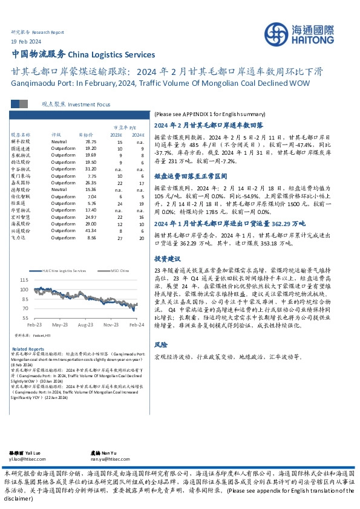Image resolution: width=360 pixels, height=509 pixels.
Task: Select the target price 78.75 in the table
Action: pos(91,141)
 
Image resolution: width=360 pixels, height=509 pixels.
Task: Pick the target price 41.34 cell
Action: pos(91,231)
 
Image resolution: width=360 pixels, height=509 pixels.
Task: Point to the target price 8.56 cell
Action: pos(91,238)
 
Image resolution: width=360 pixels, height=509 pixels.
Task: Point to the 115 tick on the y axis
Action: pos(25,281)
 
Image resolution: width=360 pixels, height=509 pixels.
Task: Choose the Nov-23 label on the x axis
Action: pos(111,325)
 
